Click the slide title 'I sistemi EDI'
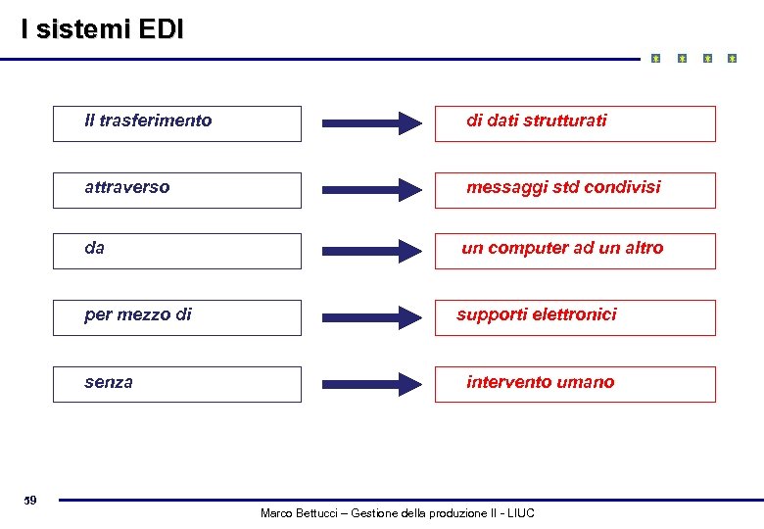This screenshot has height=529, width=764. (x=102, y=30)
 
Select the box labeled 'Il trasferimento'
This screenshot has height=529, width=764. (x=177, y=123)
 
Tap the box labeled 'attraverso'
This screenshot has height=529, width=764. (x=177, y=190)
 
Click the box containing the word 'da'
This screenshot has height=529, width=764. (x=177, y=251)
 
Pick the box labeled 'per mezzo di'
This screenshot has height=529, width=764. (x=177, y=317)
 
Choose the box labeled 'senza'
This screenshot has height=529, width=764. (x=177, y=384)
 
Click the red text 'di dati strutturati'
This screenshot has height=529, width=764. (x=536, y=120)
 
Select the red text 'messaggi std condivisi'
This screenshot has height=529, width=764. (x=563, y=187)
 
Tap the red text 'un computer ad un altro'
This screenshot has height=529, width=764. (x=562, y=249)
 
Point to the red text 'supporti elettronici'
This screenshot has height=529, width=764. (x=537, y=314)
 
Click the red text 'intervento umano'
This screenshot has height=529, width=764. (x=541, y=382)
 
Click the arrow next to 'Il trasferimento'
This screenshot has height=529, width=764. (x=372, y=123)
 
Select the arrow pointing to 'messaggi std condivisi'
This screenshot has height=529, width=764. (x=372, y=190)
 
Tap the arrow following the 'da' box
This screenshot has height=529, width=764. (x=372, y=251)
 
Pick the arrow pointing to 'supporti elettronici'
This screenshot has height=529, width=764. (x=372, y=316)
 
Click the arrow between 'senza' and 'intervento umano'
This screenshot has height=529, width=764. (x=372, y=383)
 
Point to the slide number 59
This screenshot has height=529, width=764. (x=30, y=502)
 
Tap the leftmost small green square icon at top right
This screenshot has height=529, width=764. (x=656, y=59)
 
